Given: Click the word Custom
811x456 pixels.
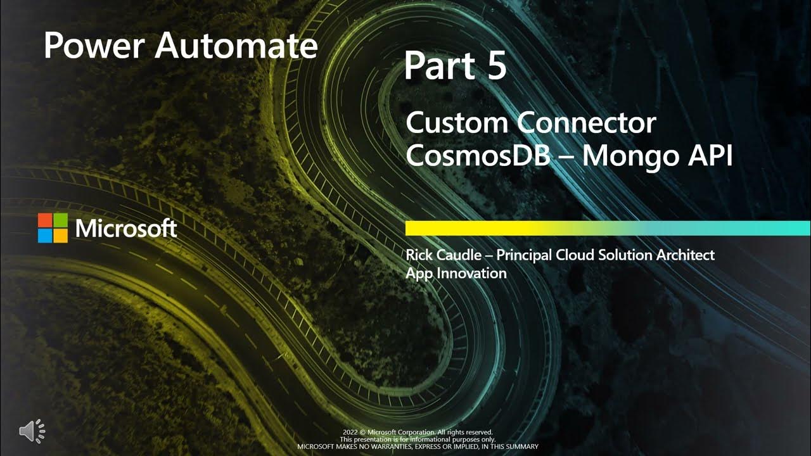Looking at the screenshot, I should point(456,122).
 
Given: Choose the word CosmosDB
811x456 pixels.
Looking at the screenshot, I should point(478,155).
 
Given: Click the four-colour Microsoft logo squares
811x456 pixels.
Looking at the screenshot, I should point(53,228).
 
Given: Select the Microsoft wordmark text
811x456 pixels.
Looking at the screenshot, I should point(126,229).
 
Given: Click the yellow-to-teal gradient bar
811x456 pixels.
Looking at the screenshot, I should point(607,228).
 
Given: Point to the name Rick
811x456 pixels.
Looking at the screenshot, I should point(419,255).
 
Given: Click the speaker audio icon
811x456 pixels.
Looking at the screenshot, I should point(32,431).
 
